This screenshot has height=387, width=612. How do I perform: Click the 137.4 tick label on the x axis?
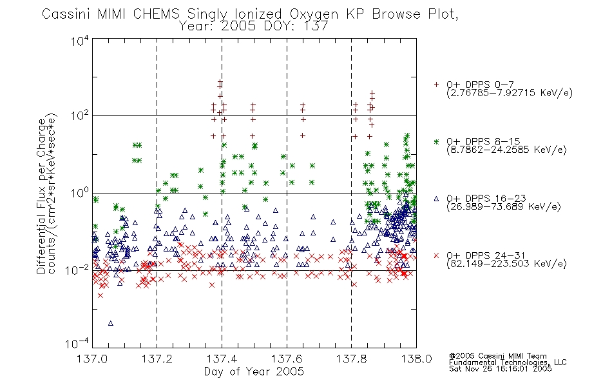[222, 359]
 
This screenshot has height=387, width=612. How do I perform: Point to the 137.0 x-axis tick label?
[92, 359]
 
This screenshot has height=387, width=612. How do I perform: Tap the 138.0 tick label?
[416, 359]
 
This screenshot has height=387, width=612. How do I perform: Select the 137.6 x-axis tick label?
[287, 359]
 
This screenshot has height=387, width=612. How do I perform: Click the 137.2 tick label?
[157, 359]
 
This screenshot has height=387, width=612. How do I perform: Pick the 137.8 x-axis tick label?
[351, 359]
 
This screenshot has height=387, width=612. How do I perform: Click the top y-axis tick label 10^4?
[80, 41]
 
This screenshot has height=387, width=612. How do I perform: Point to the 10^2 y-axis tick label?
[80, 116]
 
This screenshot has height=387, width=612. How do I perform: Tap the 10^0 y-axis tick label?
[80, 193]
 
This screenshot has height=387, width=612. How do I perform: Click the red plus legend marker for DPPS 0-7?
[436, 84]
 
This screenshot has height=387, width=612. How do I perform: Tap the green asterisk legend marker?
[436, 141]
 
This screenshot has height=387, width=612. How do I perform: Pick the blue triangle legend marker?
[436, 199]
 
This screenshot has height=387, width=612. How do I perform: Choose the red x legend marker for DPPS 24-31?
[436, 255]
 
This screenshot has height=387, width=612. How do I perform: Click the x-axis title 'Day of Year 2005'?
[254, 372]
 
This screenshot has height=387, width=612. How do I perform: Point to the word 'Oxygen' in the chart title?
[314, 15]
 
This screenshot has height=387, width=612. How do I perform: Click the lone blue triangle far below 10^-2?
[110, 323]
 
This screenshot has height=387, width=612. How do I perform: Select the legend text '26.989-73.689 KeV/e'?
[504, 206]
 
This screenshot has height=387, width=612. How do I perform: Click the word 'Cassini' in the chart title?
[67, 14]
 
